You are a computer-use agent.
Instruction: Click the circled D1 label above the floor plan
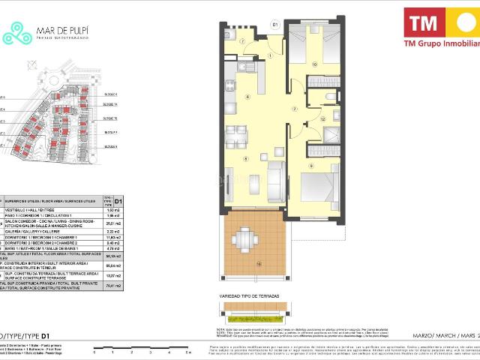point(275,25)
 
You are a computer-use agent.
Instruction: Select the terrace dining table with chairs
point(244,240)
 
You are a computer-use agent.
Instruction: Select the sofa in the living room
point(275,178)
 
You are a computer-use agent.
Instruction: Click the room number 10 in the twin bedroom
point(314,64)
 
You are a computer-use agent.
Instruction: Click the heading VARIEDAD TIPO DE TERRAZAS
point(250,298)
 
